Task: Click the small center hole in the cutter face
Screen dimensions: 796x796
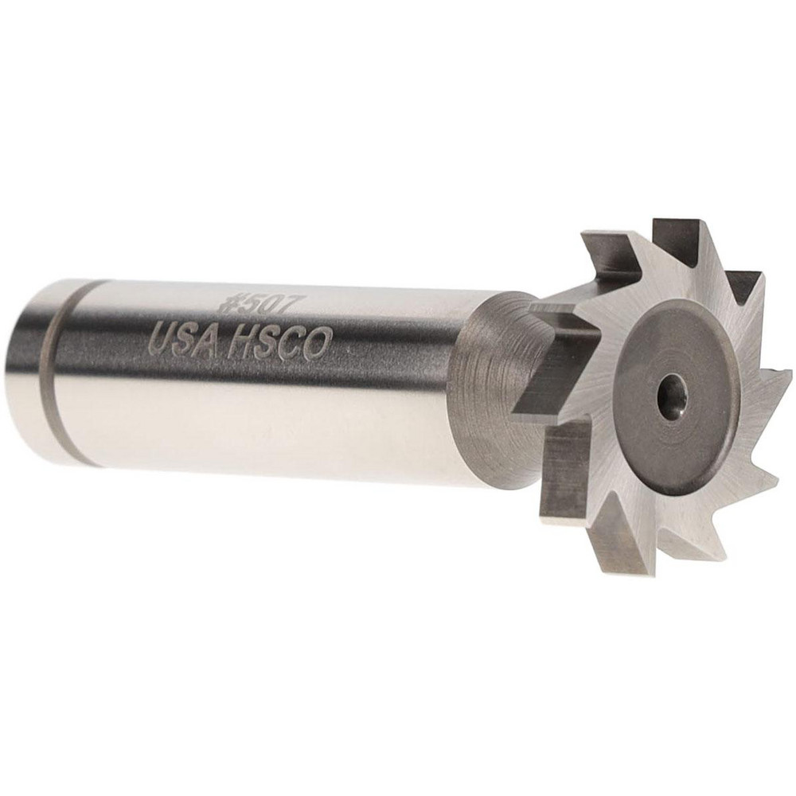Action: pos(671,392)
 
